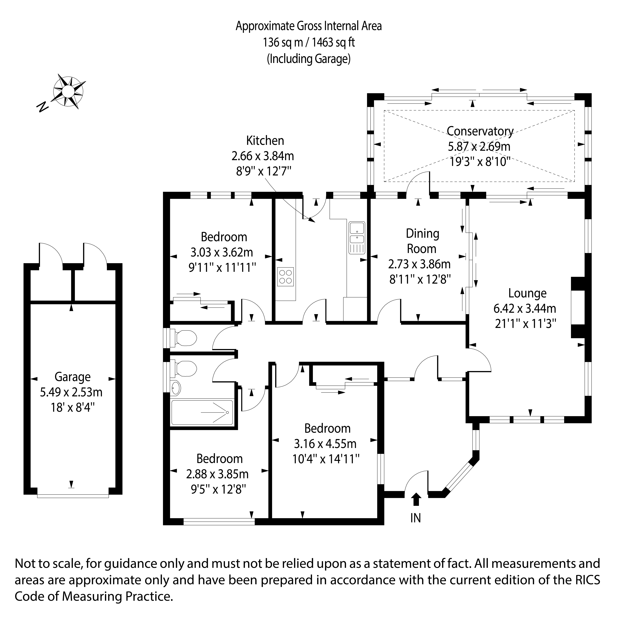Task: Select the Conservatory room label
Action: click(480, 131)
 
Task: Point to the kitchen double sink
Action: click(357, 238)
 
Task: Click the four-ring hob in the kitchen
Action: click(285, 277)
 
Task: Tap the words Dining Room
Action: click(422, 241)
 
